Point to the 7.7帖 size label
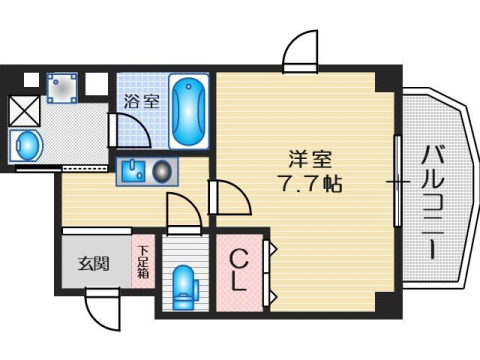point(306,185)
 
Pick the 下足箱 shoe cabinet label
point(144,263)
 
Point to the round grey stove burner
point(160,172)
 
